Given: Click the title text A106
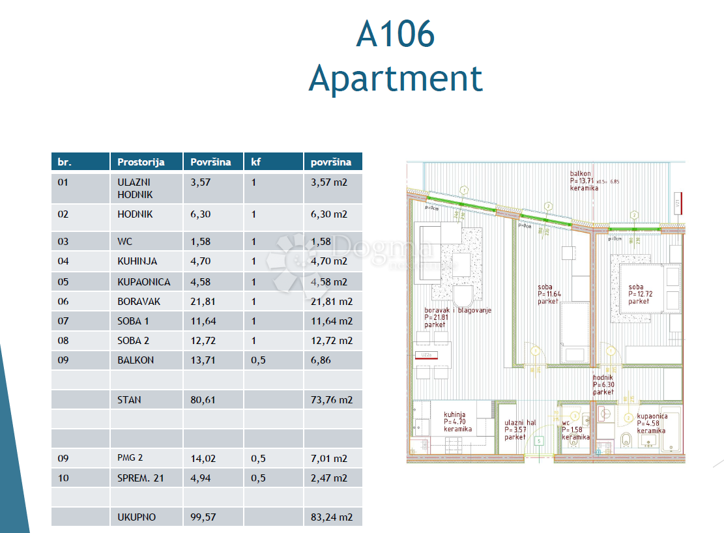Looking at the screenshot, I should click(395, 34).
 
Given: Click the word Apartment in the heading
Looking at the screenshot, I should click(396, 79).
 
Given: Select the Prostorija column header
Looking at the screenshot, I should click(141, 162).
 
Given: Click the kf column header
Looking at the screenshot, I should click(256, 162).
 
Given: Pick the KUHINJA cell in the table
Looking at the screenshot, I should click(138, 261).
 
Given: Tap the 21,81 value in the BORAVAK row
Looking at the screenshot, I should click(201, 302).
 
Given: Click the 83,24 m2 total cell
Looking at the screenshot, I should click(332, 517).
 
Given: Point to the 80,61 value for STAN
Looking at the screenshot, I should click(201, 399).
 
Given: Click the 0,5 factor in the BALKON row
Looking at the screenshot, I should click(258, 360).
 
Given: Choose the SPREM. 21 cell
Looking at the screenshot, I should click(141, 478).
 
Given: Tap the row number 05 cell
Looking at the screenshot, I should click(63, 282).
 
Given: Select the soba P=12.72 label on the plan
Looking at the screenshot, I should click(638, 294).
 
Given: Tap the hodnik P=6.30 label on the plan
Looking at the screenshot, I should click(603, 384).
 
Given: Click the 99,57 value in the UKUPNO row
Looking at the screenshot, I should click(201, 517).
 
